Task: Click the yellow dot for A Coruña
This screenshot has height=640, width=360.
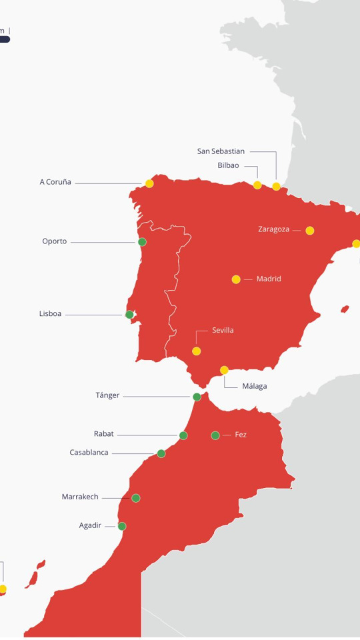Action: pos(149,183)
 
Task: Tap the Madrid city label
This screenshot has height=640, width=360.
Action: pos(269,279)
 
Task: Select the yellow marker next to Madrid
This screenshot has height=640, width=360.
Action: pos(236,279)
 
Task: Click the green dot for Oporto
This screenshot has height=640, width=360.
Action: pos(142,242)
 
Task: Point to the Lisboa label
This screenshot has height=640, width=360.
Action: pos(50,313)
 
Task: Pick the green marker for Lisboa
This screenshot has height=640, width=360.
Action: pos(129,315)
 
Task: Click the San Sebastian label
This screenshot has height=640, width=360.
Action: pos(221,151)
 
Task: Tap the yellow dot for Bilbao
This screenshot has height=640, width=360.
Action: pos(257,185)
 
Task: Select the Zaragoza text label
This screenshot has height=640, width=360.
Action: pos(273,229)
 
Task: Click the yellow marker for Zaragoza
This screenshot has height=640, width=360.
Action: pos(310,231)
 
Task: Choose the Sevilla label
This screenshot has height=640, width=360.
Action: pos(223,330)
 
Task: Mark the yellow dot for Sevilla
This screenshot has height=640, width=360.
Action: pos(196,351)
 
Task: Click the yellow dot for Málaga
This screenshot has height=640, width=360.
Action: pos(224,370)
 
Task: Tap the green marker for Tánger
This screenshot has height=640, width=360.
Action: pos(197,397)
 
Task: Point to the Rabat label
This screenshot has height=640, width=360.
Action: pos(103,434)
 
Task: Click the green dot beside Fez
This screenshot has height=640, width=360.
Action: pos(215,435)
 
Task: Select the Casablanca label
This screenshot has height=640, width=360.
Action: pos(89,452)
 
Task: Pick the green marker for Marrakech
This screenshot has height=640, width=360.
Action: pos(136,498)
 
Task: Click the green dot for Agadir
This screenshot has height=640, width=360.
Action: pos(122,526)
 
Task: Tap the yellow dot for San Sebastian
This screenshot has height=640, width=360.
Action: pos(276,186)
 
